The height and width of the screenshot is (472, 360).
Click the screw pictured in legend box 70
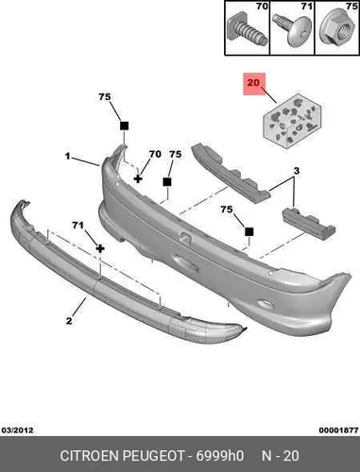point(247,30)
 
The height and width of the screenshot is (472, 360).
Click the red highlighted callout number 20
point(254,83)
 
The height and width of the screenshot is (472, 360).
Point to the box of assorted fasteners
point(292,121)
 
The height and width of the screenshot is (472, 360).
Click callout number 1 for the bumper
point(67,156)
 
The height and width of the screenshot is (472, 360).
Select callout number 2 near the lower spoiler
point(69,321)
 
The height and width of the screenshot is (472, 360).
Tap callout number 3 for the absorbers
point(297,171)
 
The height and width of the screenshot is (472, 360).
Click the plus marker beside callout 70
point(138,178)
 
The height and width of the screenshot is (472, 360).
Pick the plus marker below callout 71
point(100,249)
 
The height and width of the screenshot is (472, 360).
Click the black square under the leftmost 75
point(124,126)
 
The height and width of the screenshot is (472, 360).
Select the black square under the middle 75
point(167,182)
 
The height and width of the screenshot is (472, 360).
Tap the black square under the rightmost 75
point(249,232)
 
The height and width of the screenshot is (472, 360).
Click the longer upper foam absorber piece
point(230,173)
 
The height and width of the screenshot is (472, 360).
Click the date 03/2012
point(18,430)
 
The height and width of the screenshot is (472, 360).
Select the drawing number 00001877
point(338,430)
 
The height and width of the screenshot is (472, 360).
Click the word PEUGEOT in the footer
point(153,455)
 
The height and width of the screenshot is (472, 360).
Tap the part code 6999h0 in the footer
point(220,455)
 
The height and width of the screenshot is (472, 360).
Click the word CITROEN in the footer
point(90,455)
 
